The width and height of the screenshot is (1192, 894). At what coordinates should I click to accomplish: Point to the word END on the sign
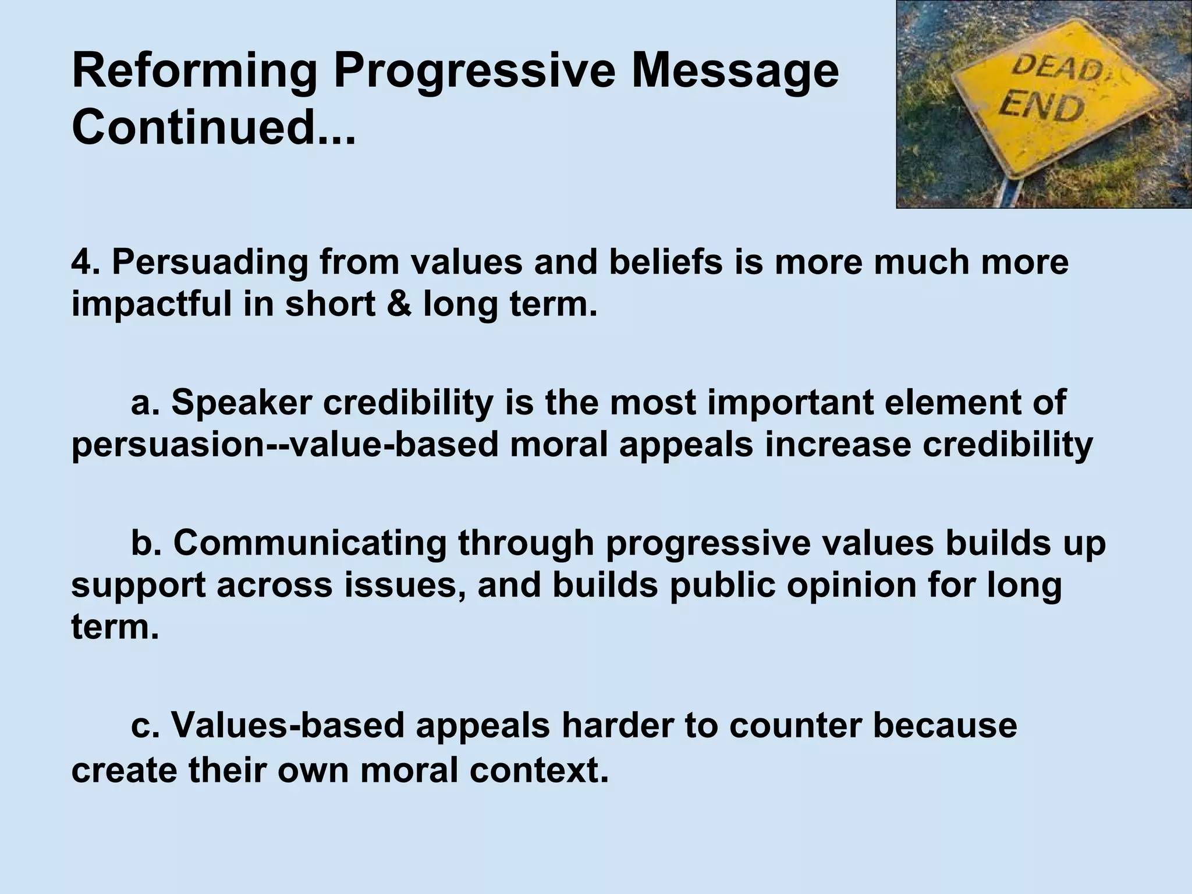[1042, 108]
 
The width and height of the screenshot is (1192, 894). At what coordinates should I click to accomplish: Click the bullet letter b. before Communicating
[145, 542]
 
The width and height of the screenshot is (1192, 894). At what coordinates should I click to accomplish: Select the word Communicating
[309, 544]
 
